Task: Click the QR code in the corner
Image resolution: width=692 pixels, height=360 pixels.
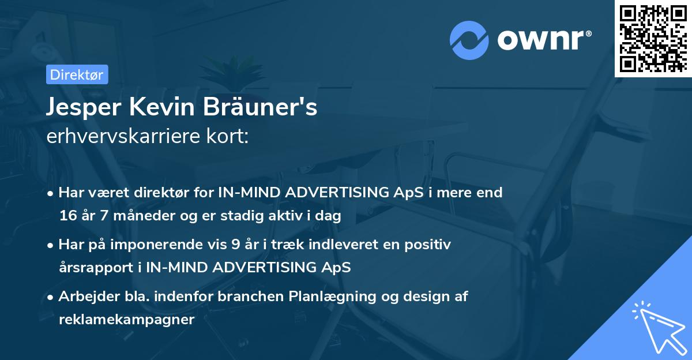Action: click(653, 38)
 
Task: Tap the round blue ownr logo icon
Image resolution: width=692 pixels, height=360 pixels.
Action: click(469, 40)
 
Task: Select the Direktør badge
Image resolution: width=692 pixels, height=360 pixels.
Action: click(76, 74)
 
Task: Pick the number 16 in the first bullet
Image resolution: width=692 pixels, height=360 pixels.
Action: click(67, 216)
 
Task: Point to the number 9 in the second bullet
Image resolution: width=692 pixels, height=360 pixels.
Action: click(235, 245)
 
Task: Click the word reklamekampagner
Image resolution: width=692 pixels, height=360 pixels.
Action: click(126, 320)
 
